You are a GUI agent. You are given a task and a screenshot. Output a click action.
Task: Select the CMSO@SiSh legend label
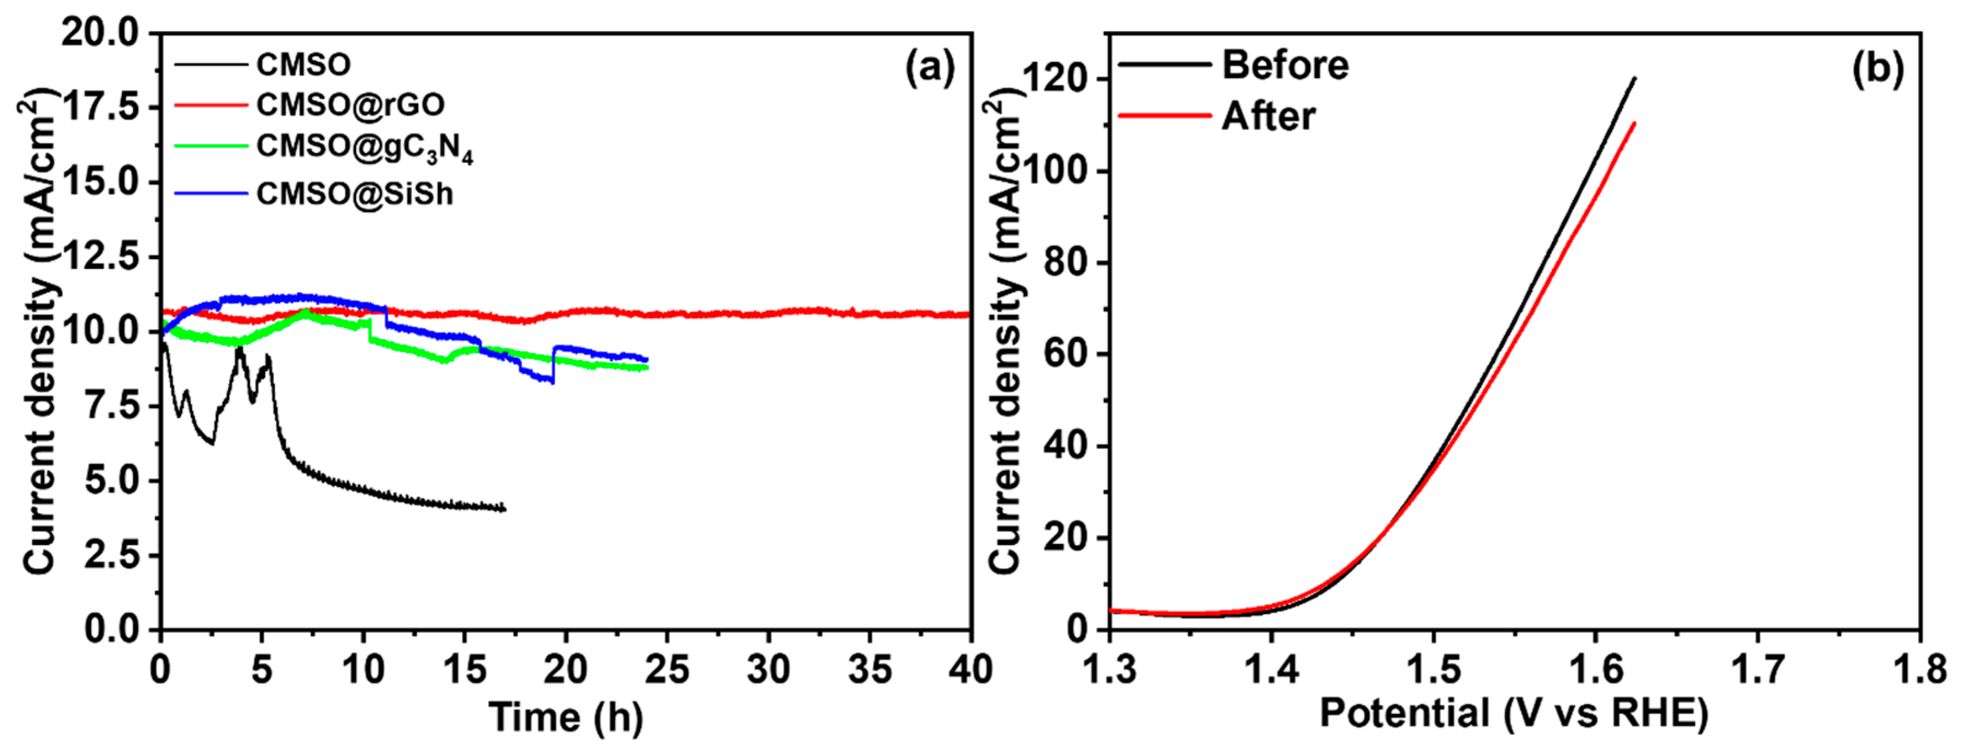(354, 195)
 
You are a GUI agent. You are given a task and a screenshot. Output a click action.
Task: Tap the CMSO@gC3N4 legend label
(364, 147)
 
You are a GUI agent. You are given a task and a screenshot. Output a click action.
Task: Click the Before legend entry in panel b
(1285, 65)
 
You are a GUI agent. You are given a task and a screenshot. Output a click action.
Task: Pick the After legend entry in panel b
(1269, 117)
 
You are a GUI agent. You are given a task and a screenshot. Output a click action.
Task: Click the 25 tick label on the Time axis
(666, 670)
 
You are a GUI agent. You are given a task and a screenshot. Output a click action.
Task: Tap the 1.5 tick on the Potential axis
(1433, 670)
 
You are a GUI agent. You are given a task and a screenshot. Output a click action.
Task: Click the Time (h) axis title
(566, 717)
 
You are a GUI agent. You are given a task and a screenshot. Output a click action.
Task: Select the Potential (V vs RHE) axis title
(1513, 714)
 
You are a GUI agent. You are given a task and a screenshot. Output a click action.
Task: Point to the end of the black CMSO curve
(504, 509)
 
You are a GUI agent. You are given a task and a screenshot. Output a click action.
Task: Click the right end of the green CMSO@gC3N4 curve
(647, 368)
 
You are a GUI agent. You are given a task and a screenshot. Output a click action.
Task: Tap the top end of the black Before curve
(1634, 78)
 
